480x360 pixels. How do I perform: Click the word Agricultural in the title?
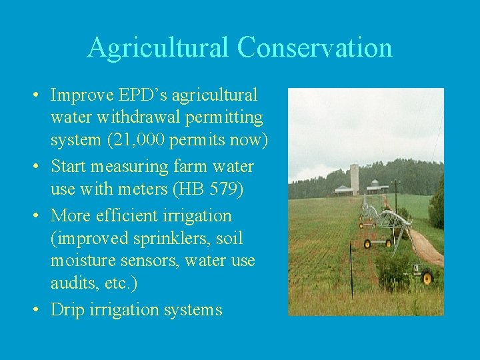click(158, 48)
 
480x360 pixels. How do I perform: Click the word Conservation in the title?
click(315, 48)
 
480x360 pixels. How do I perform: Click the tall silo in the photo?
click(355, 178)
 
